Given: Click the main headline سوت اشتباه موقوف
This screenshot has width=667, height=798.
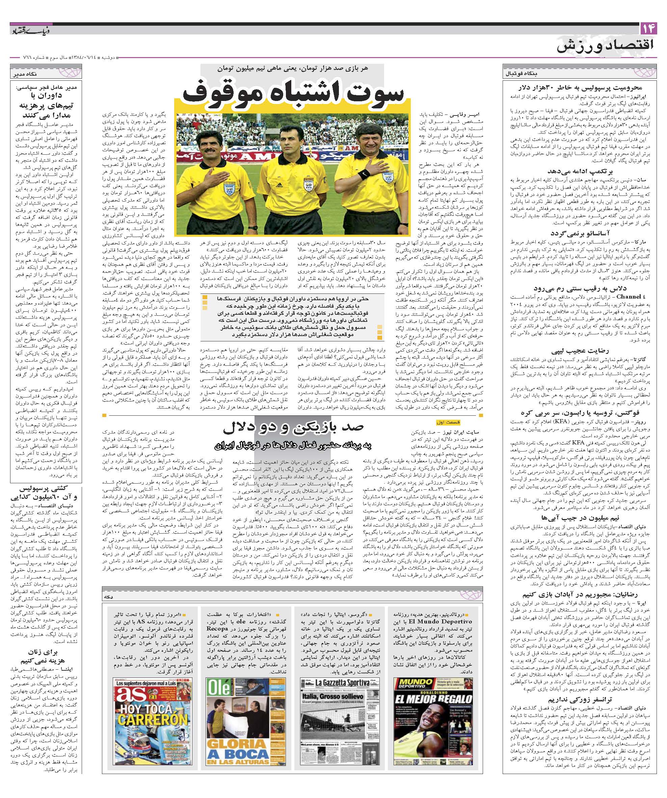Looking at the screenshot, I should tap(292, 95).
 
